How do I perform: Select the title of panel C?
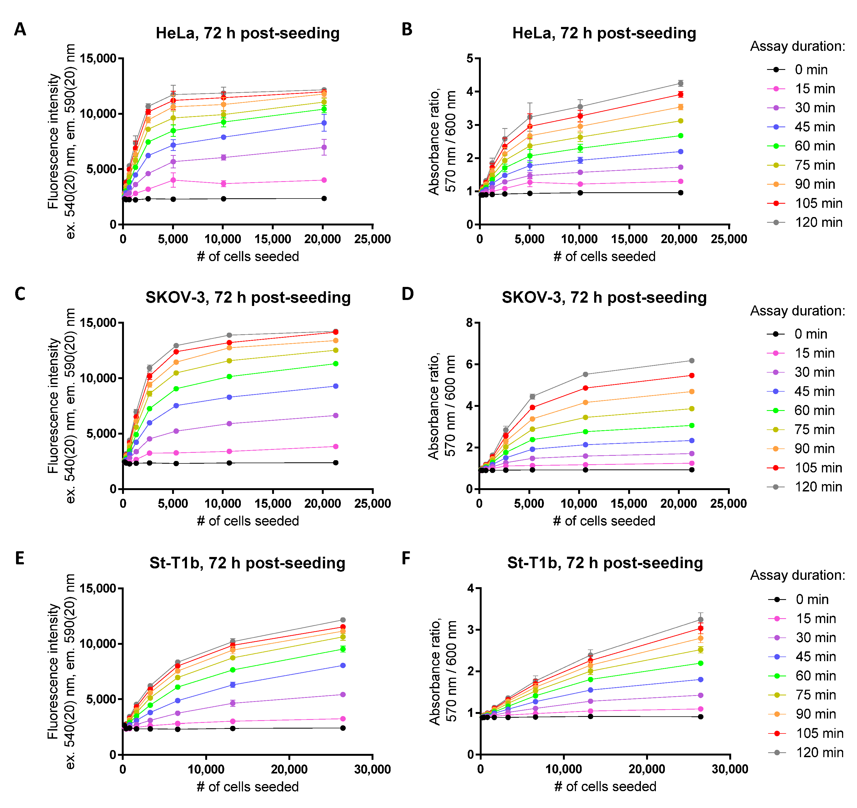point(248,298)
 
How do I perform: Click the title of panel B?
point(604,33)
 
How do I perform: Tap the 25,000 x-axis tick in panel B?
point(728,239)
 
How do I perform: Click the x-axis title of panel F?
point(605,787)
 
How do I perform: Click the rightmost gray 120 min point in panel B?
point(681,83)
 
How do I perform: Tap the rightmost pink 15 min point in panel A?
point(324,180)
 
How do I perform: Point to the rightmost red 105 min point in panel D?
point(692,375)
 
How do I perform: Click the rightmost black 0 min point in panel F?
point(700,717)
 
